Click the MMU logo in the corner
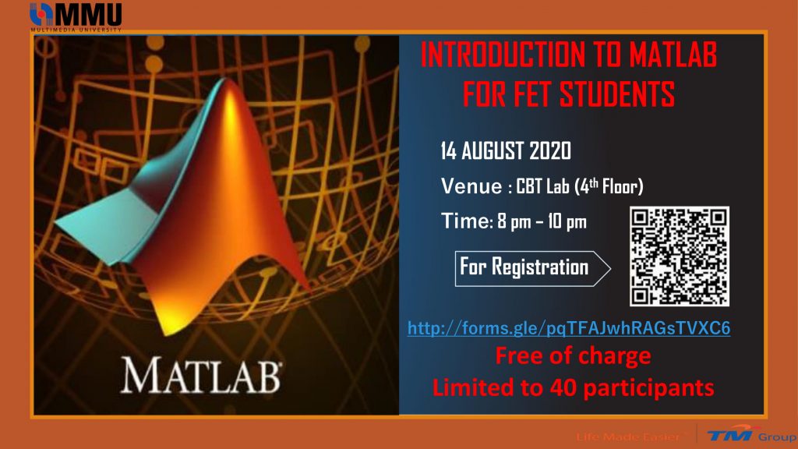pyautogui.click(x=76, y=17)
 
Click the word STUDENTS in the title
pyautogui.click(x=617, y=94)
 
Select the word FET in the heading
pyautogui.click(x=532, y=94)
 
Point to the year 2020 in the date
pyautogui.click(x=550, y=150)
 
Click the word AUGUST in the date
pyautogui.click(x=493, y=150)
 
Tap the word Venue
pyautogui.click(x=471, y=186)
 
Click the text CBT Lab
pyautogui.click(x=542, y=186)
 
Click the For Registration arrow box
pyautogui.click(x=532, y=268)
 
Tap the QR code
pyautogui.click(x=680, y=256)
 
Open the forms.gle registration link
pyautogui.click(x=569, y=328)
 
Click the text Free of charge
pyautogui.click(x=573, y=355)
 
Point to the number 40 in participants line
pyautogui.click(x=563, y=387)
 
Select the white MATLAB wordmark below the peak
pyautogui.click(x=201, y=375)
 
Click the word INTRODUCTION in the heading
pyautogui.click(x=503, y=55)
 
